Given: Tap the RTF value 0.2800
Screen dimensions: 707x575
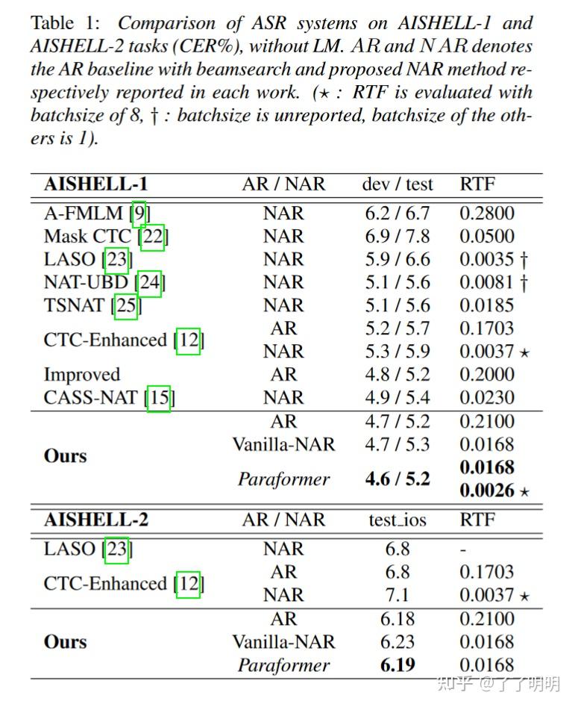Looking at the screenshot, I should click(486, 213).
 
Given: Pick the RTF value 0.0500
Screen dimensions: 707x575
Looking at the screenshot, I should click(486, 237).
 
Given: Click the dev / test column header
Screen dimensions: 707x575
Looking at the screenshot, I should click(397, 184).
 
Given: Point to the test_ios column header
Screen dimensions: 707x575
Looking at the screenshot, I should click(397, 520).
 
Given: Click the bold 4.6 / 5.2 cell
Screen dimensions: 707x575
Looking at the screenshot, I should click(397, 479).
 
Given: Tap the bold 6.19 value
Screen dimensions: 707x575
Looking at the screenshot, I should click(397, 664).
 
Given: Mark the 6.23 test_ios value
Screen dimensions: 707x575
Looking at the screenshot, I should click(397, 641).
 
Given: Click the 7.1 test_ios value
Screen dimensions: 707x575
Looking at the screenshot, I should click(397, 595).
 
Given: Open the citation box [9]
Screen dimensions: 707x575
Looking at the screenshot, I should click(139, 214).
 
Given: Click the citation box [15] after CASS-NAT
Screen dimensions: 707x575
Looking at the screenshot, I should click(159, 398).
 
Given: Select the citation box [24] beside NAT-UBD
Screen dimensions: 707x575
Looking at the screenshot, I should click(150, 282).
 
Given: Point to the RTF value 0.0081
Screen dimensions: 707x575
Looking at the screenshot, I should click(486, 282).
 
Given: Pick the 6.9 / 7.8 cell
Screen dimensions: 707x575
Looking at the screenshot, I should click(397, 237).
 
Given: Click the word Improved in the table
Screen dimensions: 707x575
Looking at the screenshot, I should click(81, 374).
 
